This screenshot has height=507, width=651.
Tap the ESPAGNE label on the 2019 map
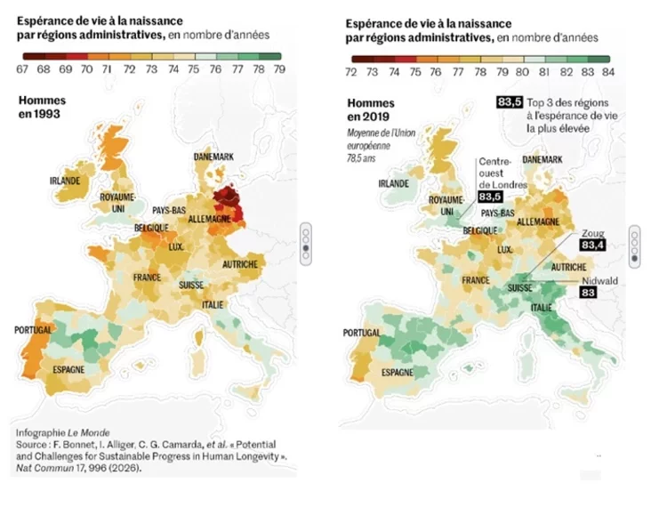398,373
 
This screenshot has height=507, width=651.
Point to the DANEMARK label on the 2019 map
542,159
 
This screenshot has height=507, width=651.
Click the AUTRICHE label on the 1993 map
240,264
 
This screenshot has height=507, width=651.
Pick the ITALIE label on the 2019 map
540,308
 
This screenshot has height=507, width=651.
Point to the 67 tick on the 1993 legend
21,68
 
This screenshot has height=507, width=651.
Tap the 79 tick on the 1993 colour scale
278,68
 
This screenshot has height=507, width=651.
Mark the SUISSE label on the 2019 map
520,288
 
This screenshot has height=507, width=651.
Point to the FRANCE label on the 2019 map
478,280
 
